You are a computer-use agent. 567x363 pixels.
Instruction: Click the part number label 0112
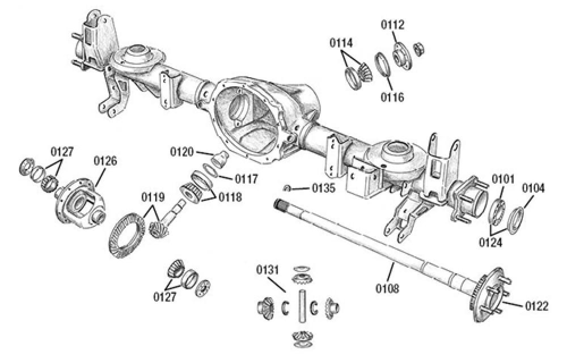[392, 24]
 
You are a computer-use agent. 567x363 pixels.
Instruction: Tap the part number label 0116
[392, 98]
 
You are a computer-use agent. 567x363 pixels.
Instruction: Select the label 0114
[342, 43]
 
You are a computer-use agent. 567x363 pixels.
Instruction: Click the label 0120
[183, 152]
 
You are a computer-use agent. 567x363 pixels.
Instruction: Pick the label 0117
[247, 178]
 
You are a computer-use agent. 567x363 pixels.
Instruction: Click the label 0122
[536, 306]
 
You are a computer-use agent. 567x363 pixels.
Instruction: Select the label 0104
[534, 187]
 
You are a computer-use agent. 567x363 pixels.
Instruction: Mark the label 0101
[503, 180]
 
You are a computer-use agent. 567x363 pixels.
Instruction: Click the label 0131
[266, 269]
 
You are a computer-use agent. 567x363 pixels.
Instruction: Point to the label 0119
[154, 198]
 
